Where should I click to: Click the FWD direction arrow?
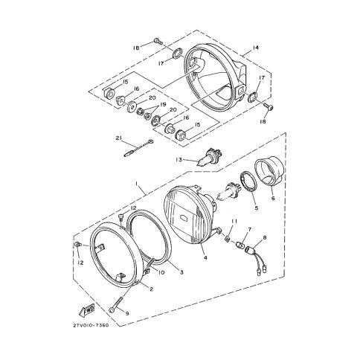[87, 310]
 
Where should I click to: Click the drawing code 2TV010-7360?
[91, 325]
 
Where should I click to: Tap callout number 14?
[255, 48]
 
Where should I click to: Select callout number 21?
[118, 138]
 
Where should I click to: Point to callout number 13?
[179, 160]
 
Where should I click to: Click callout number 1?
[136, 184]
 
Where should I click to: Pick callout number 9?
[127, 313]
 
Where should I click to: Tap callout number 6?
[273, 199]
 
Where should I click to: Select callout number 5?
[257, 208]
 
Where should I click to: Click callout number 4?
[205, 258]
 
